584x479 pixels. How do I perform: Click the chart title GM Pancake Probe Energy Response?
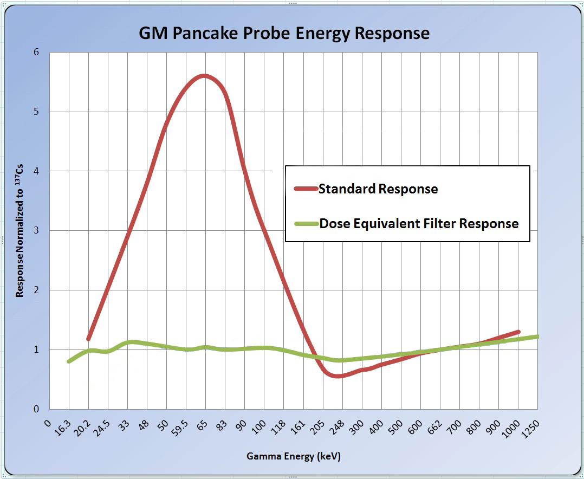(284, 34)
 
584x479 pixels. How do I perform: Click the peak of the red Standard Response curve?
(204, 76)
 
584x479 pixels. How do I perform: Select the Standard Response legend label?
(378, 189)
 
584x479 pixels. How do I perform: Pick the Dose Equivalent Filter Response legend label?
(419, 223)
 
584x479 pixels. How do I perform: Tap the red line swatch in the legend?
(306, 189)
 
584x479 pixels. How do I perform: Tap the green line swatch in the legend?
(306, 223)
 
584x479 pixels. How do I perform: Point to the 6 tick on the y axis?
(37, 52)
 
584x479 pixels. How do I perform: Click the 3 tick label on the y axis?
(37, 231)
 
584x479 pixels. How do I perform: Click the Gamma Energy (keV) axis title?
(294, 456)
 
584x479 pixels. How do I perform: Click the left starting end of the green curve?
(69, 361)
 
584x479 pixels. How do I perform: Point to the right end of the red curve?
(518, 332)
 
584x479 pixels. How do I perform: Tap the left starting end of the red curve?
(88, 339)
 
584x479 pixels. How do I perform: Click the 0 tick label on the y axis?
(37, 409)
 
